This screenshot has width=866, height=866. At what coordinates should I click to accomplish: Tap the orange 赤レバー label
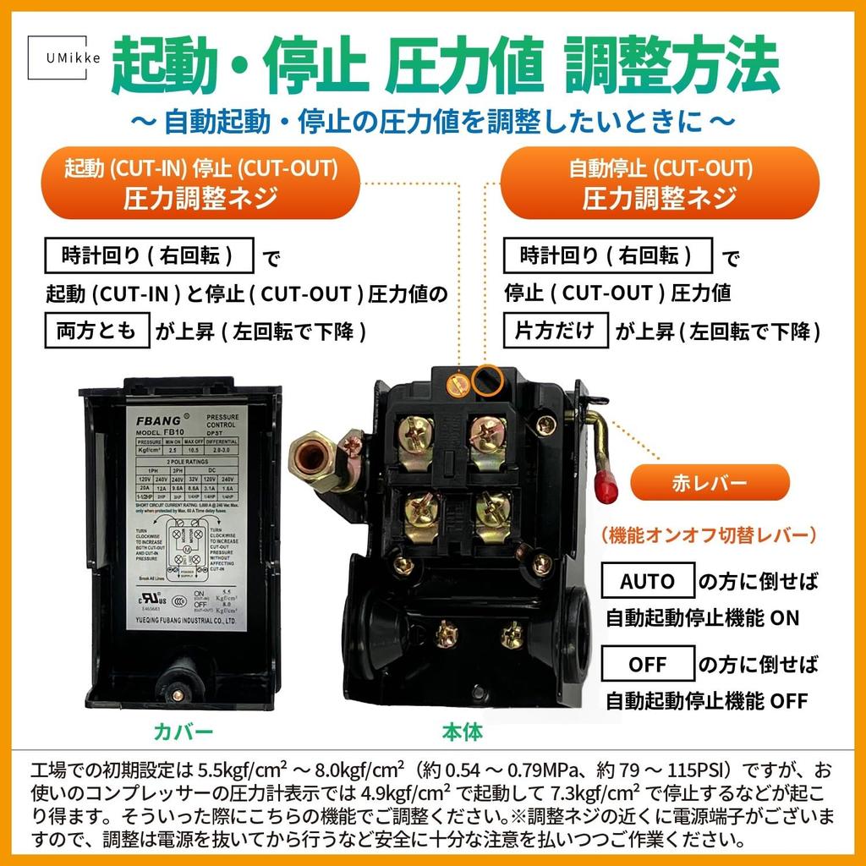pyautogui.click(x=710, y=483)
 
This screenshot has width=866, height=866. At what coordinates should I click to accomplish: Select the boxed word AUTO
pyautogui.click(x=647, y=581)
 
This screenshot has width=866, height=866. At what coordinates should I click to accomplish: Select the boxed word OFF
pyautogui.click(x=647, y=664)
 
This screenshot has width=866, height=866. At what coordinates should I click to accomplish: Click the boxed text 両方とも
pyautogui.click(x=96, y=330)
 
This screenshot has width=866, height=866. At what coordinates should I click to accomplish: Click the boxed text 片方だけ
pyautogui.click(x=556, y=330)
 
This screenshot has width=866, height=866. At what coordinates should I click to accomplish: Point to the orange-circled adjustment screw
pyautogui.click(x=458, y=383)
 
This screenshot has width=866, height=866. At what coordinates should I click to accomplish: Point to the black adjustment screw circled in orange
pyautogui.click(x=488, y=381)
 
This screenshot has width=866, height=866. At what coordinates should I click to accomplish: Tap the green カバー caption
pyautogui.click(x=183, y=731)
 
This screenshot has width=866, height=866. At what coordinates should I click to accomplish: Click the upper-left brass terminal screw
pyautogui.click(x=417, y=432)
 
